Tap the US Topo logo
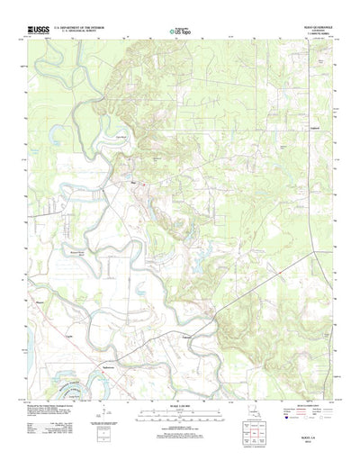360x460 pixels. [x=181, y=32]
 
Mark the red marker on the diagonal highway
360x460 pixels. [x=214, y=313]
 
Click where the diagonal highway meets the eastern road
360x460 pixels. [x=321, y=255]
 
